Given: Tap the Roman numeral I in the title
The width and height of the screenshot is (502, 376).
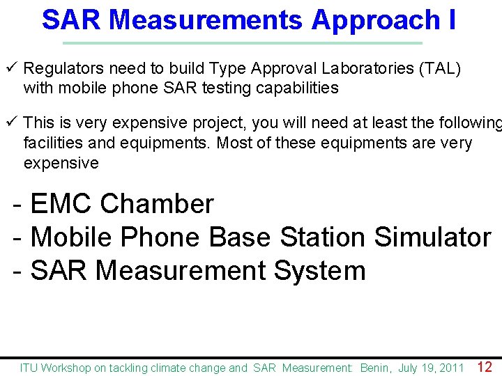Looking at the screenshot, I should (x=452, y=19).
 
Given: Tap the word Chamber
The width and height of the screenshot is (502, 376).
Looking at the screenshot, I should (x=157, y=204).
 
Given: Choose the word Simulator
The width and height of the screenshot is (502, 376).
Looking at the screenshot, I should (x=433, y=237).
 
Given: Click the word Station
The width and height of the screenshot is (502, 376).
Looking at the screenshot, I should (x=324, y=237).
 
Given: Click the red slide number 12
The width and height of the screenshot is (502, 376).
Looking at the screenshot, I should (x=485, y=367).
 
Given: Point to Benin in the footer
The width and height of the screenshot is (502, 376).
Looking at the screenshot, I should (x=376, y=368).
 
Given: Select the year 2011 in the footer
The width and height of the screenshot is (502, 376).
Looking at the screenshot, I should (x=452, y=368).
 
